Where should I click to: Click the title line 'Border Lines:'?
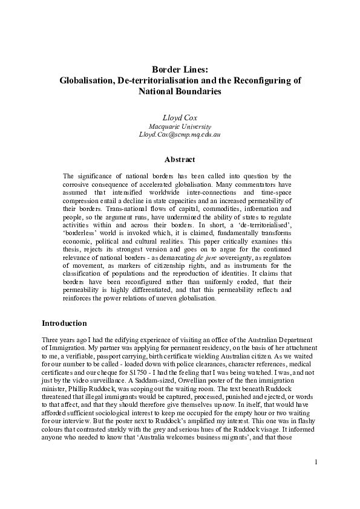(x=180, y=69)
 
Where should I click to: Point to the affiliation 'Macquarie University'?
(x=180, y=126)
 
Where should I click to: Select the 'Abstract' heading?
(x=180, y=160)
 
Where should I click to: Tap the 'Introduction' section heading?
(x=65, y=323)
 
